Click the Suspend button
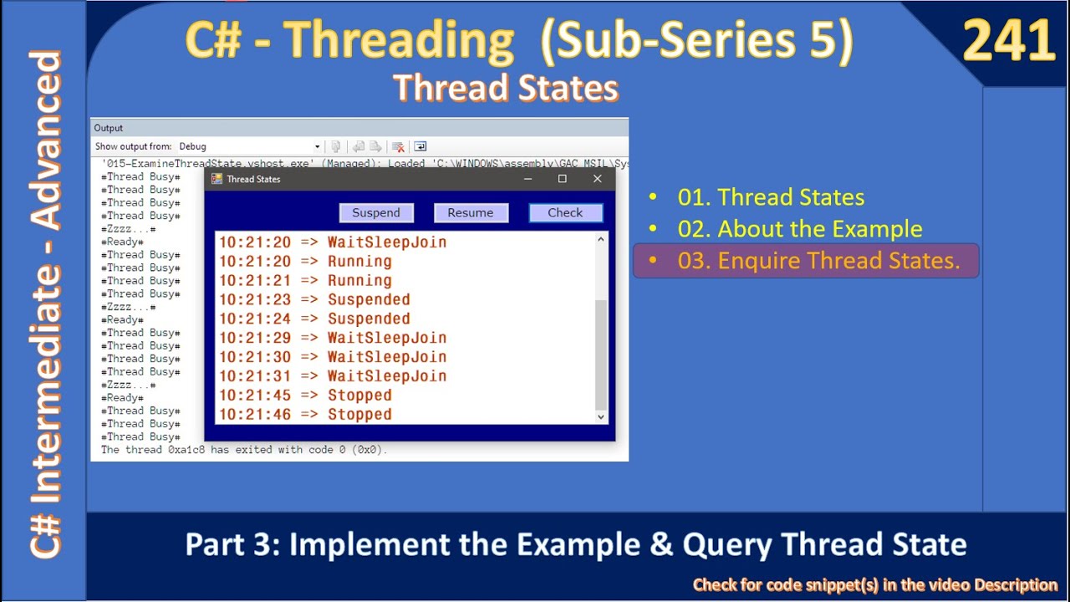click(376, 213)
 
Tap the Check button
click(565, 213)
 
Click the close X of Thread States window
click(597, 179)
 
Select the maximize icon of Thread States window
click(563, 179)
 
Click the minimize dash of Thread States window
click(528, 179)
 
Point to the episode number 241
click(1008, 42)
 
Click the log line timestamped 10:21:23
click(314, 299)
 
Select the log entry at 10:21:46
click(305, 415)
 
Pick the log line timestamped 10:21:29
click(333, 338)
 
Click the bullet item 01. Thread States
click(771, 197)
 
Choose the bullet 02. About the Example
click(800, 229)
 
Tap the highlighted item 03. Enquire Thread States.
click(818, 261)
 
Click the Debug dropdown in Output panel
click(248, 146)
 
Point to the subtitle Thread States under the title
click(505, 88)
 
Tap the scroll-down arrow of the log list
click(600, 416)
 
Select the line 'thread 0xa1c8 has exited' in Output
click(244, 450)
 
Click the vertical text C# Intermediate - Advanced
click(46, 304)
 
